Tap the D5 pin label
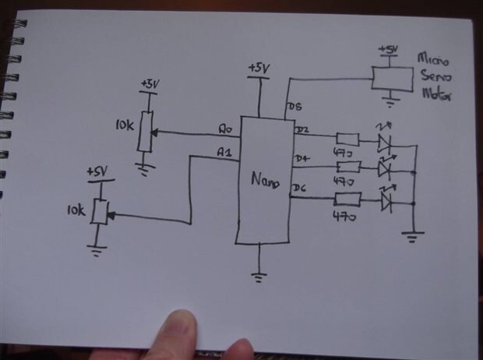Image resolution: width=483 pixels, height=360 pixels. [x=295, y=107]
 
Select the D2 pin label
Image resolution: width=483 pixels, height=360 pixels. [x=303, y=129]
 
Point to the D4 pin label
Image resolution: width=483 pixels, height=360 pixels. [x=302, y=160]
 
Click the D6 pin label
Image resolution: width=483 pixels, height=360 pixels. [x=300, y=188]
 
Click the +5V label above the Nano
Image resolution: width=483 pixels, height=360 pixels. [x=258, y=69]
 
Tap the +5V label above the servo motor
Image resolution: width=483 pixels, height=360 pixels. [x=387, y=50]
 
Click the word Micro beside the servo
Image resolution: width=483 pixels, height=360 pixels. [x=432, y=59]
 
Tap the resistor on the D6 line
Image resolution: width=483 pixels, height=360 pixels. [x=347, y=199]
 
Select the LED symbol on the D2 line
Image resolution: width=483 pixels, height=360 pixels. [x=384, y=142]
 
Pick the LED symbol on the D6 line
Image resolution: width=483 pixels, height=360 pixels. [x=387, y=203]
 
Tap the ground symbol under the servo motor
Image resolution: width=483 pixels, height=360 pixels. [x=387, y=101]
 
